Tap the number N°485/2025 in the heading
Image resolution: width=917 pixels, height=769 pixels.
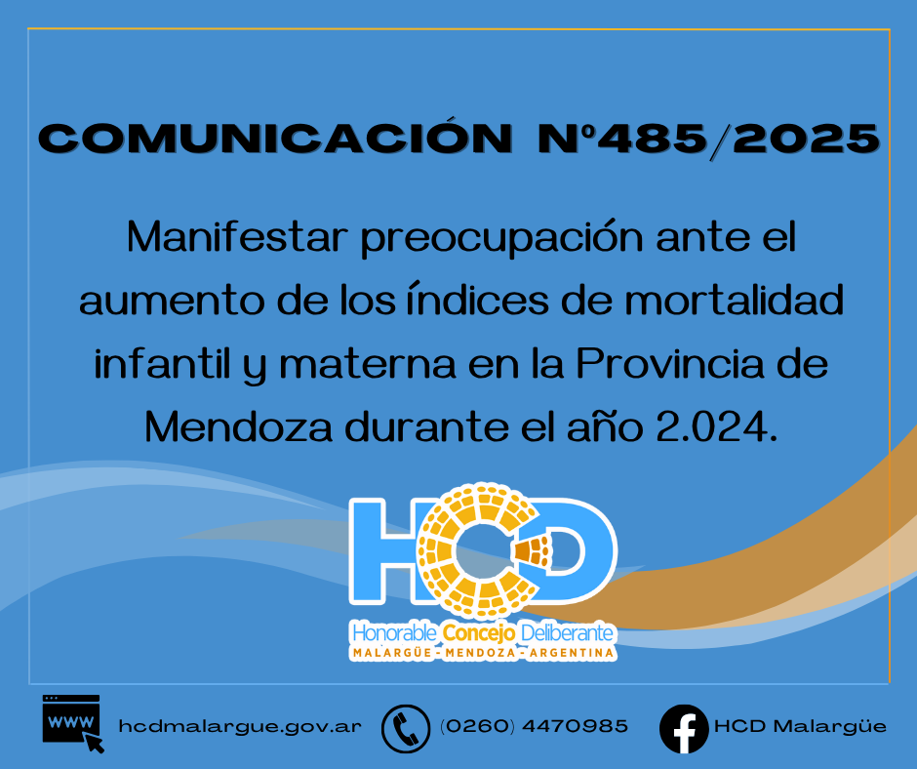[x=709, y=140]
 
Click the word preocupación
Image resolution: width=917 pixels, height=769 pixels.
[x=501, y=238]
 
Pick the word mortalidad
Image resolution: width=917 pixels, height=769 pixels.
[x=734, y=300]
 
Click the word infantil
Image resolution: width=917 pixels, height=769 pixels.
[x=163, y=363]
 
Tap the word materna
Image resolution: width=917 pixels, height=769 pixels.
[x=367, y=364]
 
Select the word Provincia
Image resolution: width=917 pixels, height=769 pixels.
[x=670, y=363]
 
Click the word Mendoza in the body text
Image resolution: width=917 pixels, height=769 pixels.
[x=239, y=426]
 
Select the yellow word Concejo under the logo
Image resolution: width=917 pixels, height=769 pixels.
[x=479, y=632]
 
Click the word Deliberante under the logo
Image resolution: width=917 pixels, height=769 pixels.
[x=567, y=632]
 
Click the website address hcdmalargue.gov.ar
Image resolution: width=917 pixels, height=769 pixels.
[x=240, y=726]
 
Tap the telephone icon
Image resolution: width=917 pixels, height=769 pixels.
[x=405, y=729]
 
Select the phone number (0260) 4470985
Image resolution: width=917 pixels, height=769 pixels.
[x=534, y=726]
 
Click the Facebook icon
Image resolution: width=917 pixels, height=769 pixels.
[x=684, y=729]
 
